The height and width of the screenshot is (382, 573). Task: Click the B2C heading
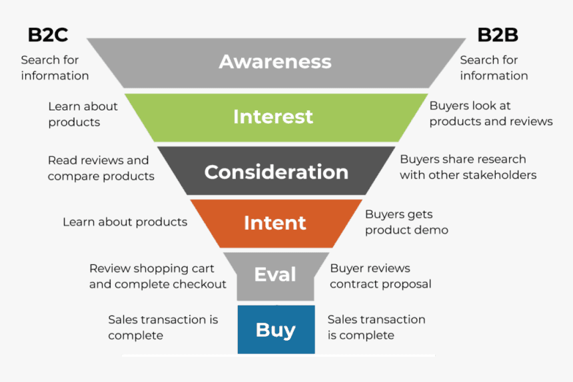pos(47,35)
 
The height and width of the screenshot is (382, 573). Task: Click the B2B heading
pos(497,35)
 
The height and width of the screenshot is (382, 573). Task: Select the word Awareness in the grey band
pos(275,62)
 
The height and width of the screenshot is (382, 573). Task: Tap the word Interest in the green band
pos(273,116)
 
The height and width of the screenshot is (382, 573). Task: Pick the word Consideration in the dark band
pos(276,172)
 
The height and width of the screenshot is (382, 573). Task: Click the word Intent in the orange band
pos(275,222)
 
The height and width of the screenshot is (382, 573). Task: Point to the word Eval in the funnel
pos(275,274)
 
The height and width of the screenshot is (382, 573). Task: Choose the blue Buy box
pos(276,329)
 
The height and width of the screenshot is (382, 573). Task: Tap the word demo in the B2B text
pos(434,230)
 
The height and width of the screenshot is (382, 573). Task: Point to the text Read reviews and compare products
pos(101,168)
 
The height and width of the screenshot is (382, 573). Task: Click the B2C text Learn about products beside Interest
pos(83,114)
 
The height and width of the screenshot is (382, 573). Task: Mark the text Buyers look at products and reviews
pos(490,114)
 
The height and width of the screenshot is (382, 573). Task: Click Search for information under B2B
pos(493,68)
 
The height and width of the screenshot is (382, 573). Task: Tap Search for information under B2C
pos(55,68)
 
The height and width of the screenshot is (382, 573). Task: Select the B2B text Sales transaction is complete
pos(376,327)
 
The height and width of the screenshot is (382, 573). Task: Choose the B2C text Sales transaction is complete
pos(163,327)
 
